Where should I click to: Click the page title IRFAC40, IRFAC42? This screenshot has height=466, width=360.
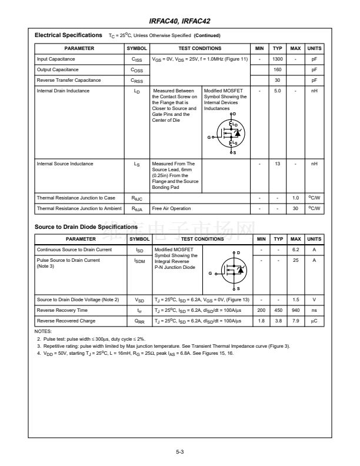[180, 22]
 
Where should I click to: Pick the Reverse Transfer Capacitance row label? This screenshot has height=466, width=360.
[69, 80]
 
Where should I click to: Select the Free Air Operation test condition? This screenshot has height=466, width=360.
[171, 208]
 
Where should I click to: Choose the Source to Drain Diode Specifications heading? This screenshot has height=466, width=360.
[86, 227]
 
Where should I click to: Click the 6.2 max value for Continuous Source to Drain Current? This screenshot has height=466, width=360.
[296, 250]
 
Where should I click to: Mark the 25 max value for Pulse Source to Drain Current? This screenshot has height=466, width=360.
[296, 260]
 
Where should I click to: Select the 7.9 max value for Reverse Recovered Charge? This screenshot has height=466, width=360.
[296, 321]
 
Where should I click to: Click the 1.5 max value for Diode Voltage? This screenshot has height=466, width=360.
[296, 299]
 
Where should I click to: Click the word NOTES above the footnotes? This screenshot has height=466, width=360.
[44, 331]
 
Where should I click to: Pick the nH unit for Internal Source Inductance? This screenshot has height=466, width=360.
[314, 164]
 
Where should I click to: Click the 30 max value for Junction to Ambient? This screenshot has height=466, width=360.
[296, 208]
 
